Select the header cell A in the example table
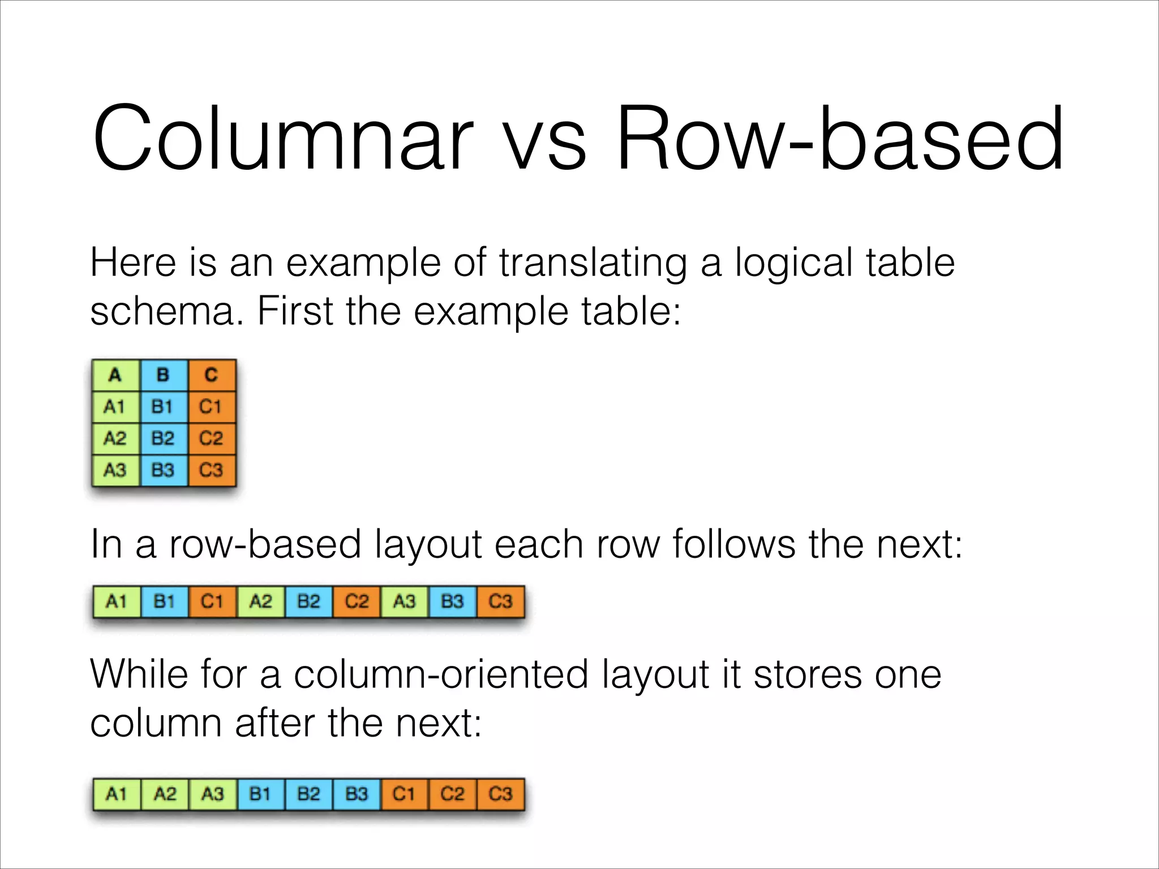click(x=115, y=375)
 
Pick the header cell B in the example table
click(x=163, y=375)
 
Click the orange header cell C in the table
click(x=211, y=375)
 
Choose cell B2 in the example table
click(x=163, y=438)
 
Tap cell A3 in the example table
click(x=115, y=470)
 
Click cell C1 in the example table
click(x=211, y=407)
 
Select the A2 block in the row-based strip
click(x=260, y=601)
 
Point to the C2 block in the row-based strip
click(x=357, y=601)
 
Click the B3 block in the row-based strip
click(x=452, y=601)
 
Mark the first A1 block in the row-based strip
click(x=117, y=601)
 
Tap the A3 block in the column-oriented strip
click(x=213, y=794)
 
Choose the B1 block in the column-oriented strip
click(x=260, y=794)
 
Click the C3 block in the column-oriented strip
click(x=500, y=794)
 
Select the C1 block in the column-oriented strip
click(x=404, y=794)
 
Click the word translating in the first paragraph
click(x=593, y=263)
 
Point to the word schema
click(x=168, y=312)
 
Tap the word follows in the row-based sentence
click(x=733, y=544)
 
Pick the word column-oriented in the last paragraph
click(x=441, y=674)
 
